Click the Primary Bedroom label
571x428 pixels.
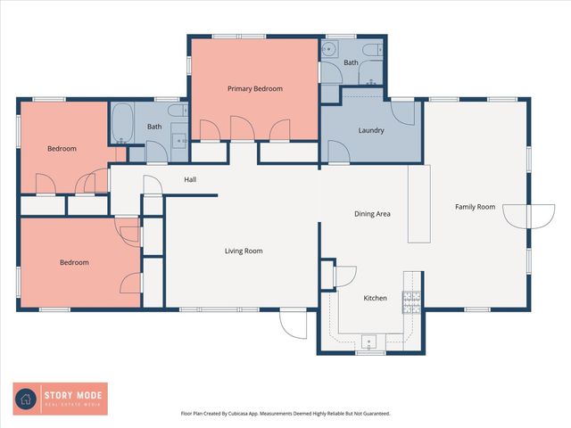tap(255, 88)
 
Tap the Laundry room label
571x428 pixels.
tap(371, 130)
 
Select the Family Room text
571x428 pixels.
tap(475, 207)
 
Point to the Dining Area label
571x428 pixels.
tap(372, 214)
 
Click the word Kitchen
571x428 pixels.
tap(375, 298)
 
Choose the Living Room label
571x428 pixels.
tap(244, 251)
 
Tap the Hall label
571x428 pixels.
tap(190, 180)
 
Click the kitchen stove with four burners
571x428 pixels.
tap(411, 302)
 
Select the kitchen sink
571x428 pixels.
tap(371, 341)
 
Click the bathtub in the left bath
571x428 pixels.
tap(120, 124)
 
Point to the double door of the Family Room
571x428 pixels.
tap(528, 216)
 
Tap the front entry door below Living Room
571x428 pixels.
tap(292, 322)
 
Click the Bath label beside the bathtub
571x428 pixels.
tap(154, 127)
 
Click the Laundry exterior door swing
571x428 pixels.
tap(405, 112)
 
